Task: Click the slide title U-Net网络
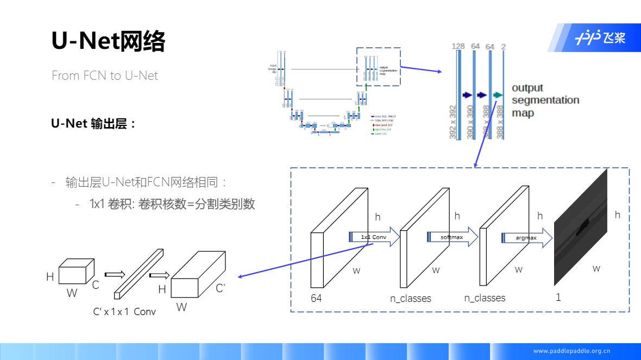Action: click(x=108, y=41)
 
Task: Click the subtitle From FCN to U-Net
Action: click(x=105, y=75)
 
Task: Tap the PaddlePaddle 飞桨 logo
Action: click(x=600, y=37)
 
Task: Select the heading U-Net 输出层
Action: click(x=93, y=123)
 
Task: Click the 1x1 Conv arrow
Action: click(x=372, y=237)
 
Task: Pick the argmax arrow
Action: click(x=526, y=238)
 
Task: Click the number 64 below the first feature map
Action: click(x=316, y=298)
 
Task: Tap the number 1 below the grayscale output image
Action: click(x=558, y=298)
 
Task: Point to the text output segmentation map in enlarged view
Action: click(x=545, y=100)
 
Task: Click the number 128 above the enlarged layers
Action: click(x=458, y=47)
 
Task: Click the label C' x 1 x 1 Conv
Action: click(x=124, y=312)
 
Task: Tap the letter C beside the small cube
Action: click(x=95, y=284)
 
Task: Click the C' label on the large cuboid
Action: click(x=221, y=288)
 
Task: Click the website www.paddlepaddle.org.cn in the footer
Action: click(x=571, y=351)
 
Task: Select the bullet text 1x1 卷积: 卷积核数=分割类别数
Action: click(x=172, y=204)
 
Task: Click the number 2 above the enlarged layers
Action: click(x=504, y=47)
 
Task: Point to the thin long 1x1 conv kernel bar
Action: click(x=139, y=274)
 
